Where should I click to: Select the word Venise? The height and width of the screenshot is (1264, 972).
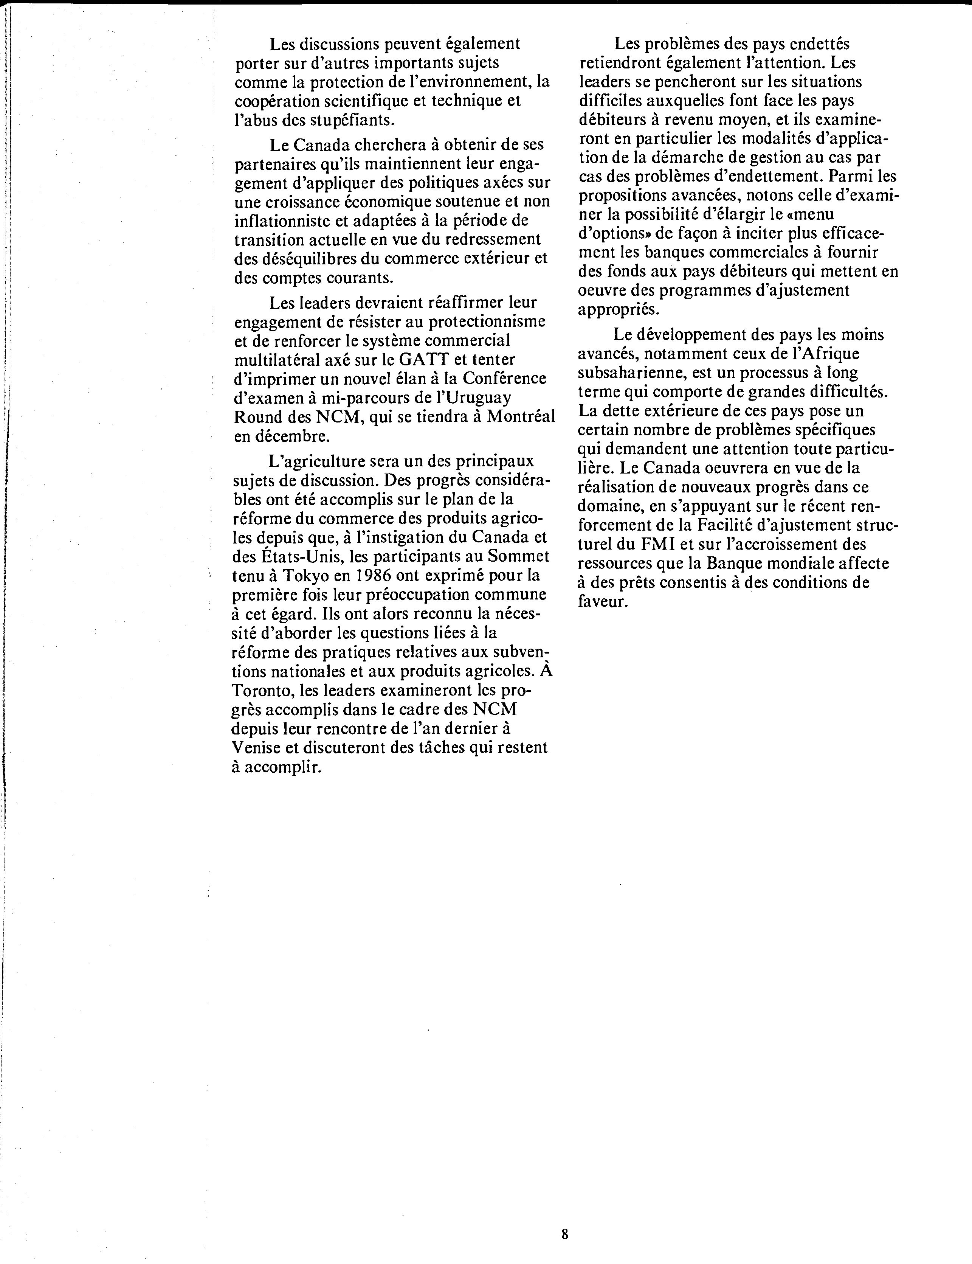257,747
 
